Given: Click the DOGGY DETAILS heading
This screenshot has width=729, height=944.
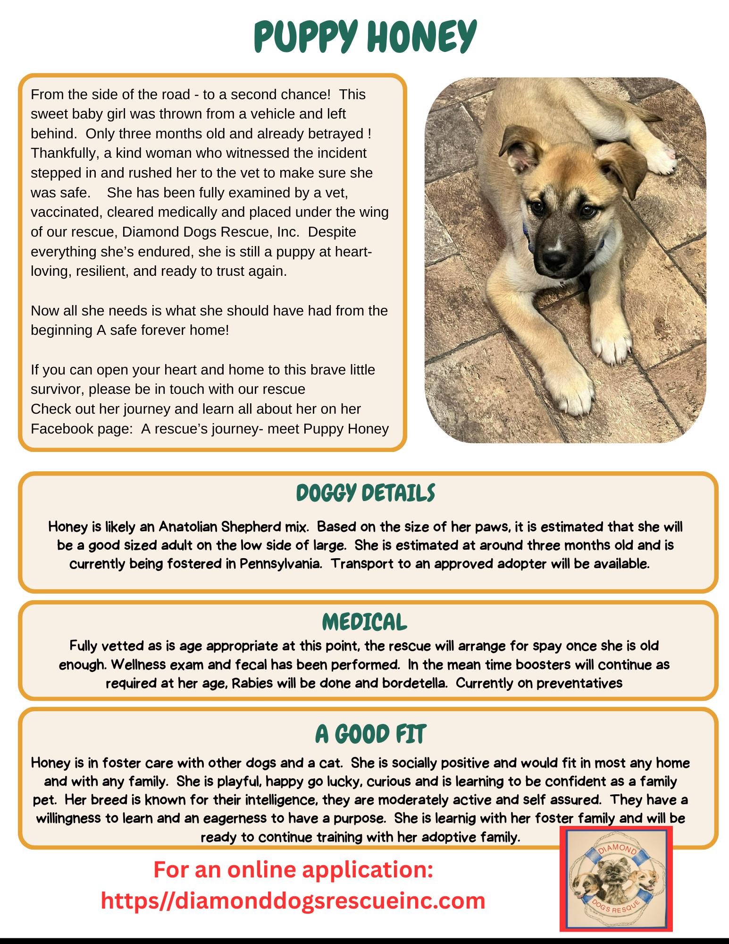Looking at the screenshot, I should (365, 494).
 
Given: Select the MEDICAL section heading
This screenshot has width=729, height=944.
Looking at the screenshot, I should (365, 622).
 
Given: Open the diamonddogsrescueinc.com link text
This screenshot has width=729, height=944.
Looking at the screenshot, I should (293, 901).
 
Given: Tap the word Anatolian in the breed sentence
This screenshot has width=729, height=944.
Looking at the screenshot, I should (186, 527).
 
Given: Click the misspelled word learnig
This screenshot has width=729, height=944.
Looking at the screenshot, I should (444, 818).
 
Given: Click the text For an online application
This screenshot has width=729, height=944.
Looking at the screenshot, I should (293, 869).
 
